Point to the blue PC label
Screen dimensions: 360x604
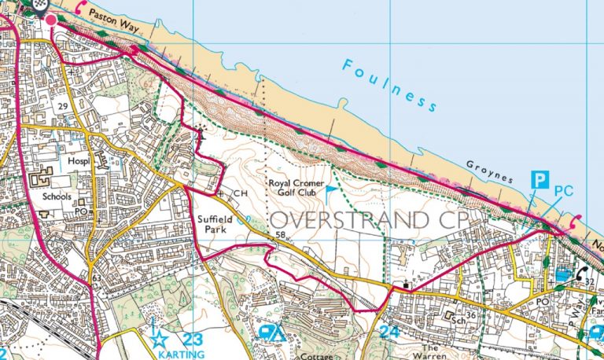coord(564,191)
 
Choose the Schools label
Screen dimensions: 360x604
coord(58,197)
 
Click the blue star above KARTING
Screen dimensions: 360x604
coord(160,340)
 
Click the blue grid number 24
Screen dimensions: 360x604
coord(389,332)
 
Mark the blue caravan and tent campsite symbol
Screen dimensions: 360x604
coord(271,334)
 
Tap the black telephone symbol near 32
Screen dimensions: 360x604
coord(584,274)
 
